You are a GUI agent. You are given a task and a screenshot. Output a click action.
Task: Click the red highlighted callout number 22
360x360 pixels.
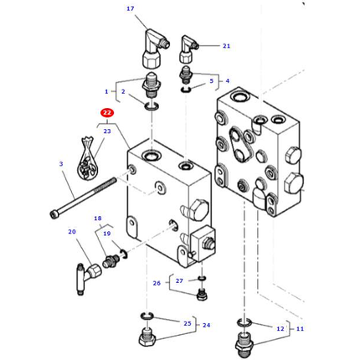pos(106,112)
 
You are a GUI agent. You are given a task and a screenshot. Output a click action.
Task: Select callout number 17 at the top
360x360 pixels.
pos(130,9)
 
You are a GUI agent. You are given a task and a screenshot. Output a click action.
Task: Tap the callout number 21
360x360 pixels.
pos(226,46)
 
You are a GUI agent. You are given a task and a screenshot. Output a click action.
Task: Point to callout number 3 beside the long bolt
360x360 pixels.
pos(61,164)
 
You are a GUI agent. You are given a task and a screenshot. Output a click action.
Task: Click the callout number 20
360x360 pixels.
pos(72,232)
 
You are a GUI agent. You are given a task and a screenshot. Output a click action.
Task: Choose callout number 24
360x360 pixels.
pos(206,326)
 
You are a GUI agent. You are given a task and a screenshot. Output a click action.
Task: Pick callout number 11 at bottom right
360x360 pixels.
pos(300,329)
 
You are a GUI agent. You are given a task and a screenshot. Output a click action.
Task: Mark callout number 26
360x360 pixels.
pos(156,284)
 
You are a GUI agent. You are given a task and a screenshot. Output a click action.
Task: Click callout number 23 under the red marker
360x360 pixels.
pos(106,131)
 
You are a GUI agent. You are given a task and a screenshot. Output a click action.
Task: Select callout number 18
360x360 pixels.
pos(97,218)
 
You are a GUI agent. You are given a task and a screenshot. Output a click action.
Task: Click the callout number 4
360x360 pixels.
pos(226,81)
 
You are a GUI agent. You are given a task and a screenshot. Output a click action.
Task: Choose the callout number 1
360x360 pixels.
pos(106,91)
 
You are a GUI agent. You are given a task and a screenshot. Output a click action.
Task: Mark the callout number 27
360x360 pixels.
pos(179,281)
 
